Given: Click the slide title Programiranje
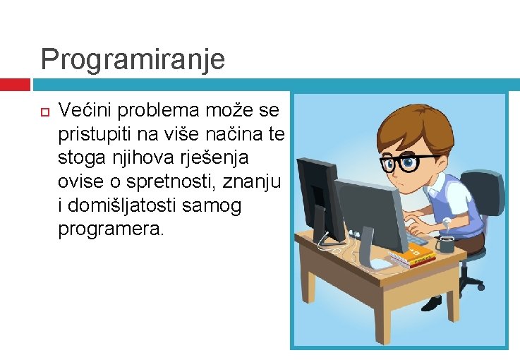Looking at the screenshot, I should pos(133,59).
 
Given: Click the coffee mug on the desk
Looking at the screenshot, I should pos(445,244).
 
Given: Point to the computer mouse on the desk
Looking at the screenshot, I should pos(380,264).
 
